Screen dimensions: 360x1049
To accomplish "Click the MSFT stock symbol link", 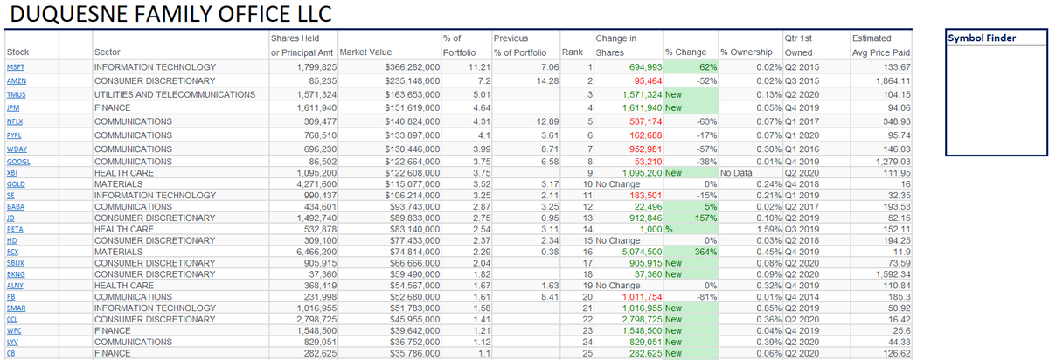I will point(15,67).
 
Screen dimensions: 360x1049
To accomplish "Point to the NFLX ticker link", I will point(15,121).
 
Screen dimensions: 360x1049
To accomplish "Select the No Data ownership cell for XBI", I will point(734,173).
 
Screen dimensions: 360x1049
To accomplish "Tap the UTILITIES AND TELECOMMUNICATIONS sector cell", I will point(175,94).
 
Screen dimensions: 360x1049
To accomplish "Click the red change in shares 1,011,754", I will point(641,296).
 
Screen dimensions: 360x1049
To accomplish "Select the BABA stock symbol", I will point(15,206).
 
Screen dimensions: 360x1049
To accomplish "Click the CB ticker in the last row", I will point(10,354).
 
